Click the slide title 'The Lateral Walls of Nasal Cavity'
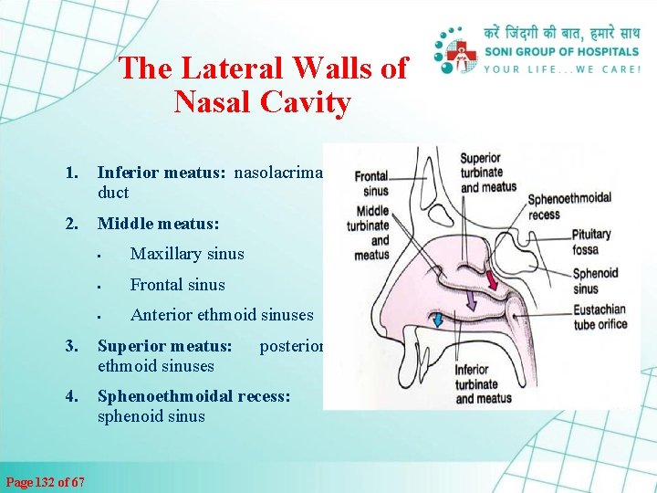(263, 85)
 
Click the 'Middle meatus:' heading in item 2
(158, 223)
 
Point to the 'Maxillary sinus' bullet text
(187, 253)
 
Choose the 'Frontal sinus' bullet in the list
(177, 284)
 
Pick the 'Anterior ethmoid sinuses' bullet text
(222, 315)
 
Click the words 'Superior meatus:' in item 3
(164, 347)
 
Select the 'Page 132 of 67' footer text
(46, 481)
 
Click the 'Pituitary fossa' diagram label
(592, 241)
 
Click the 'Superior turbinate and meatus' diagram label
(488, 173)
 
